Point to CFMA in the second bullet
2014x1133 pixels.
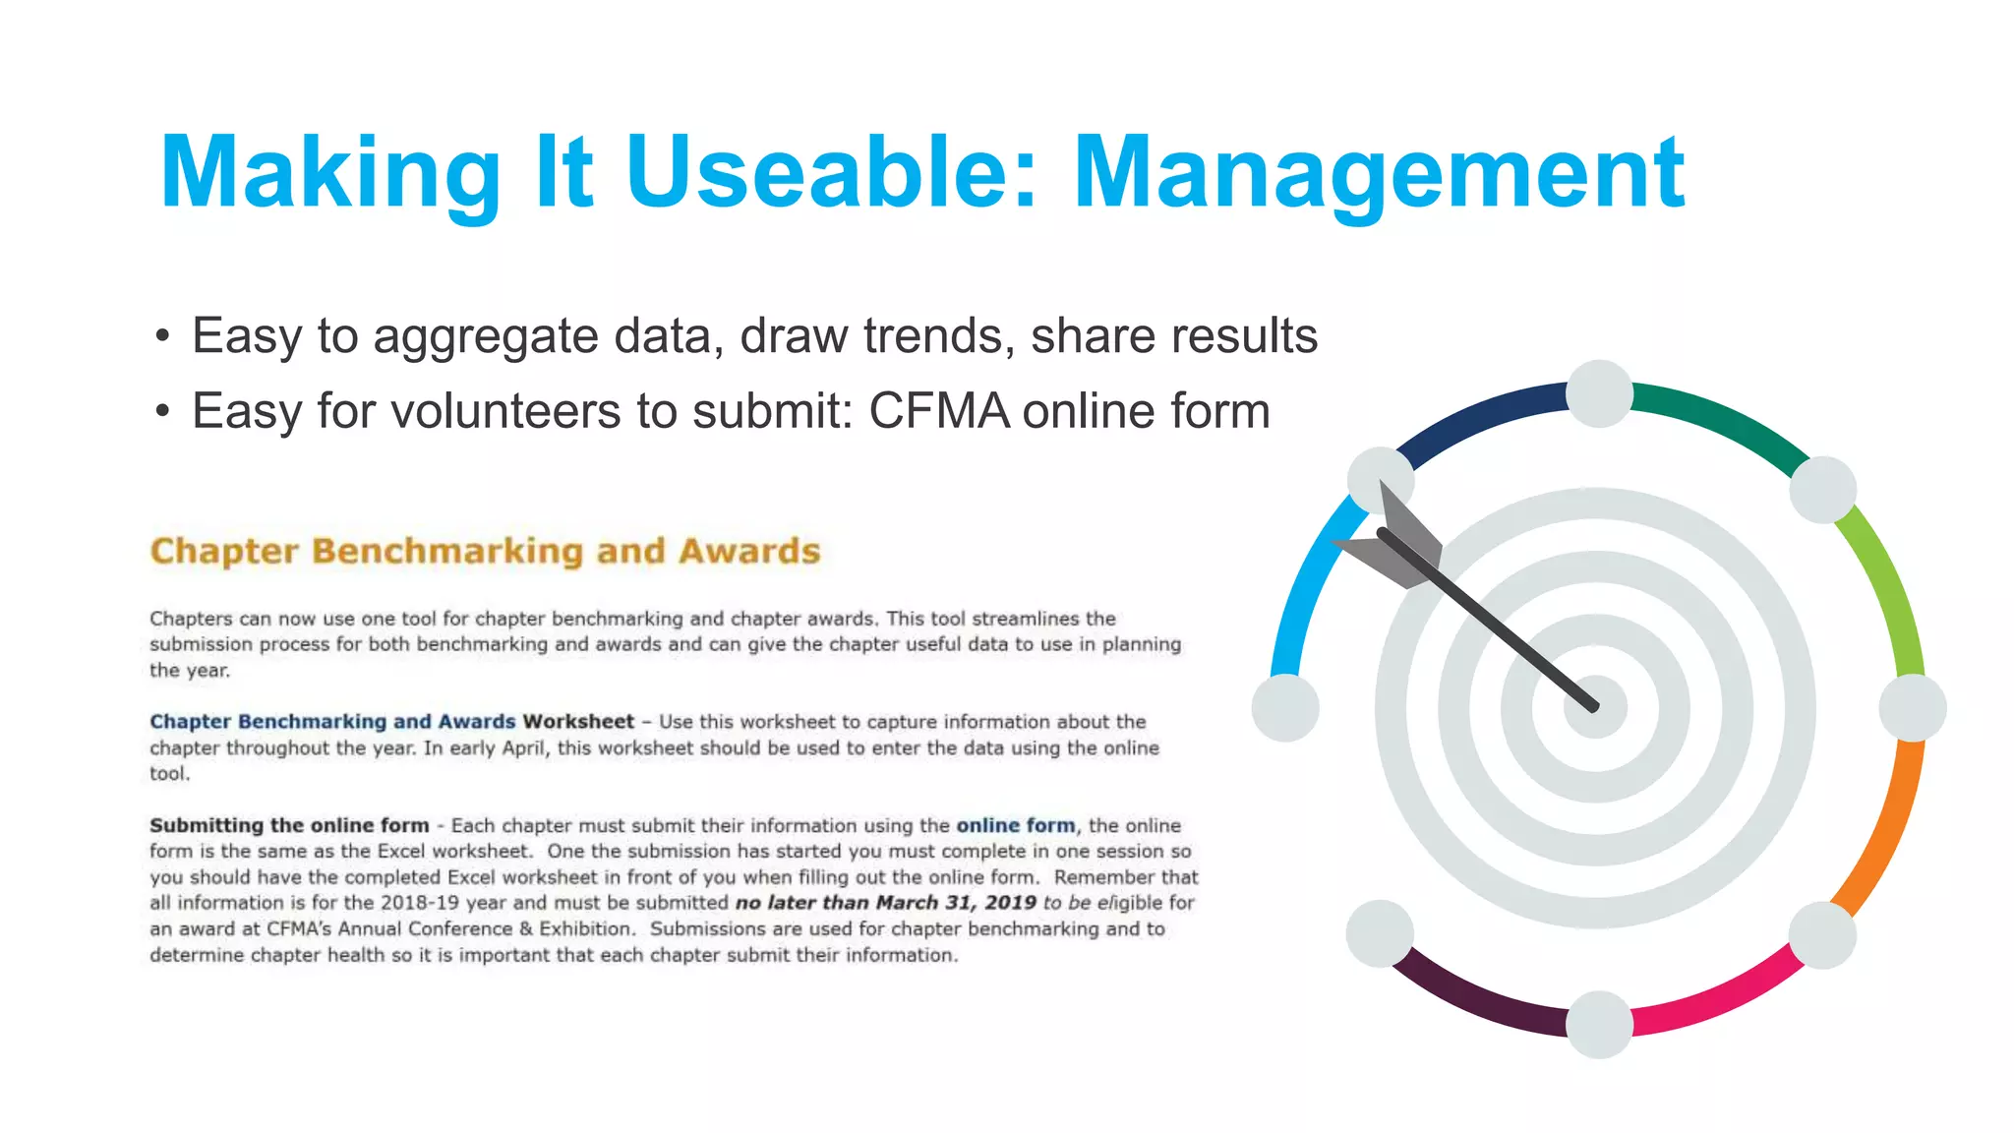point(939,411)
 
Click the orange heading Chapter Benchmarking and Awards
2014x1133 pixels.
point(485,551)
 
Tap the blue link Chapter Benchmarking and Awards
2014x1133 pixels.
point(332,721)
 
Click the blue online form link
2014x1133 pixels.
point(1016,825)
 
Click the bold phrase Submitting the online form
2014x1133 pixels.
point(289,825)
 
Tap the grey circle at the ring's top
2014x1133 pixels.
point(1599,394)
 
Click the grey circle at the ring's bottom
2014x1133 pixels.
point(1599,1024)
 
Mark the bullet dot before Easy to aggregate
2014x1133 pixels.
point(162,337)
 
